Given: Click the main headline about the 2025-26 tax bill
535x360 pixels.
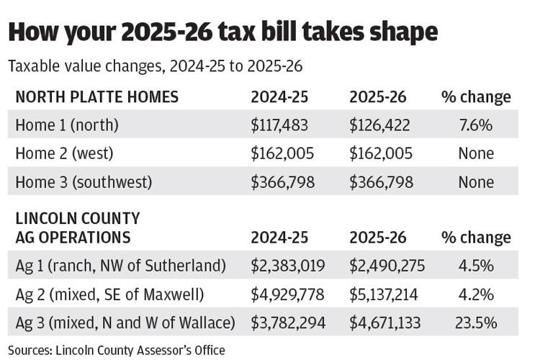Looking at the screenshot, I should point(222,32).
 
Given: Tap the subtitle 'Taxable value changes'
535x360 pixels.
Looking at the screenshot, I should point(156,66).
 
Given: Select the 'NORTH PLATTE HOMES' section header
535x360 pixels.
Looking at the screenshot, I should point(96,96).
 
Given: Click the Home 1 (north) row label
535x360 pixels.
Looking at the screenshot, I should point(67,125).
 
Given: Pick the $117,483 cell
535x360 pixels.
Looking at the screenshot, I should point(279,125).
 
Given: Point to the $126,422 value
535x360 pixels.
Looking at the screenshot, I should point(380,125).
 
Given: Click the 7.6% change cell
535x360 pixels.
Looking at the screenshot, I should point(476,125).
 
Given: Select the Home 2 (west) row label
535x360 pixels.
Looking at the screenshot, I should point(65,153).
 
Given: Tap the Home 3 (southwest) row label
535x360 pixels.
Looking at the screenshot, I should point(84,182).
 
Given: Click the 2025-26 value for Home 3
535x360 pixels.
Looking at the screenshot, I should point(382,182).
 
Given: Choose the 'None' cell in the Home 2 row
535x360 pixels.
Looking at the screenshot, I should point(476,153).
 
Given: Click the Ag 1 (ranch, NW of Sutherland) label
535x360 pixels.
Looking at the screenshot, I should point(121,266).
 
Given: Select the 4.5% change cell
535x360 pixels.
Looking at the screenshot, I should point(476,266).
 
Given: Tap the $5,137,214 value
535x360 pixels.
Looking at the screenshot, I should point(387,294).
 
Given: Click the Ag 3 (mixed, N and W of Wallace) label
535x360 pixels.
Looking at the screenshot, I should point(125,323).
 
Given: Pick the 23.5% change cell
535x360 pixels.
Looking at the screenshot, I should point(476,323).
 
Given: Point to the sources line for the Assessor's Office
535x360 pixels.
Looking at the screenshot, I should point(117,351).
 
